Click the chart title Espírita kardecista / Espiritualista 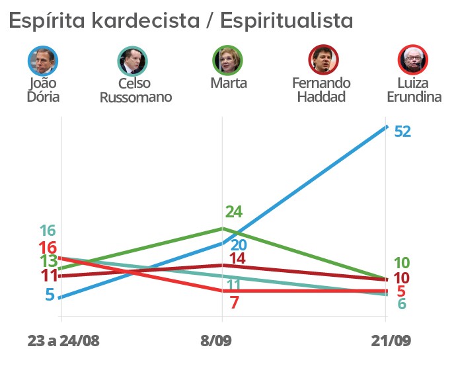tap(180, 20)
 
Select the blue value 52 tap(402, 131)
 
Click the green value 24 tap(234, 212)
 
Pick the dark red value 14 tap(238, 259)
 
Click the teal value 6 tap(402, 303)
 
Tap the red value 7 tap(234, 302)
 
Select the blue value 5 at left tap(50, 294)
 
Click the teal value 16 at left tap(47, 231)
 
